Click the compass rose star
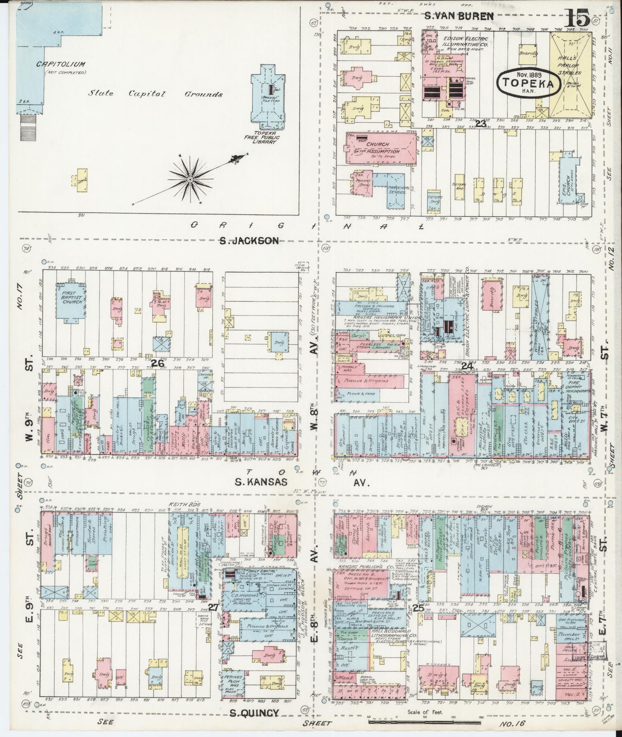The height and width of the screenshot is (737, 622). coord(189,178)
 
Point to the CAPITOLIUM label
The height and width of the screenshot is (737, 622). coord(66,64)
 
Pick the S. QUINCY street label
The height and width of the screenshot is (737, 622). coord(259,713)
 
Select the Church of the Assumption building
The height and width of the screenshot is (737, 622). coord(381,148)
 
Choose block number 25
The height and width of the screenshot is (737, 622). coord(417,608)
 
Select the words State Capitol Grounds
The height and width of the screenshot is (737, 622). coord(155,94)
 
